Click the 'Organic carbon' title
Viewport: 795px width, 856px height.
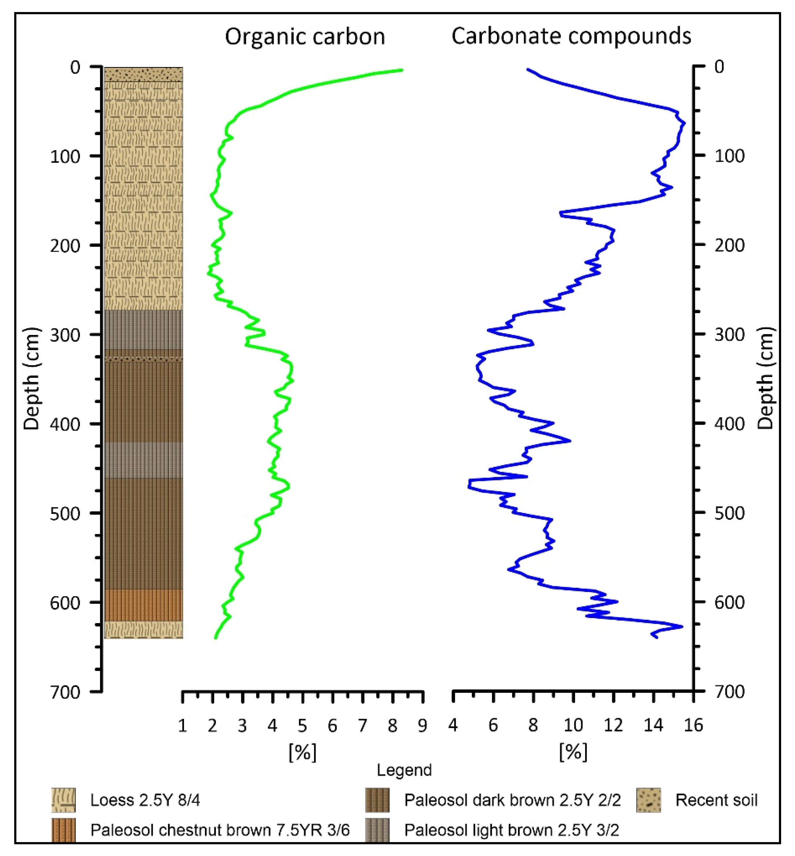[305, 36]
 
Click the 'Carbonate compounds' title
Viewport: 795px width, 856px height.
[571, 36]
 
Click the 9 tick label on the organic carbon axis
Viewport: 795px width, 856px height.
[422, 726]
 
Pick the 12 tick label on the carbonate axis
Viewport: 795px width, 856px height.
[613, 726]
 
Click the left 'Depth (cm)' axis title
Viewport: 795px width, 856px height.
[32, 378]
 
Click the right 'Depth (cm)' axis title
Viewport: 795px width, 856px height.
[765, 378]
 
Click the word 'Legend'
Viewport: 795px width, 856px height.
[404, 770]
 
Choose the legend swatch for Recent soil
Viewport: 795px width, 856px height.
[648, 800]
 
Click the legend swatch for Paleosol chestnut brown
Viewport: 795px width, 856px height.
[63, 830]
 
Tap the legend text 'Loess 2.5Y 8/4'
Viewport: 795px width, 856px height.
[145, 800]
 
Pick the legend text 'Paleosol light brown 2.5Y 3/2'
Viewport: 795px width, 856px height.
[512, 830]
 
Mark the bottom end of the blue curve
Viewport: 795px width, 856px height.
[656, 637]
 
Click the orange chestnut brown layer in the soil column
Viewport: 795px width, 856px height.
[144, 605]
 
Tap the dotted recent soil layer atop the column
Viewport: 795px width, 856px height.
[144, 74]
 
